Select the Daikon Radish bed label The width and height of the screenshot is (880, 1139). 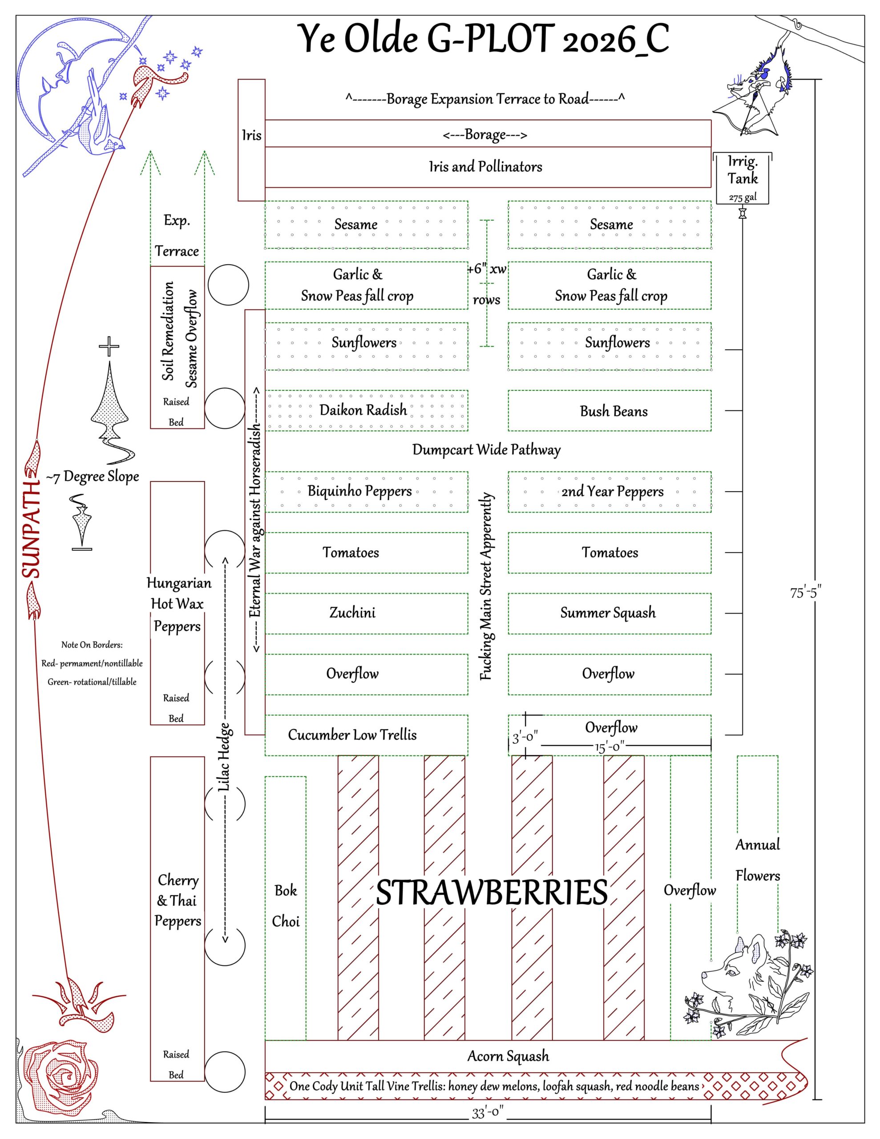pos(363,410)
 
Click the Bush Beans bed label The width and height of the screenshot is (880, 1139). pos(614,412)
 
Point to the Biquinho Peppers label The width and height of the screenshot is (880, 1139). pos(359,491)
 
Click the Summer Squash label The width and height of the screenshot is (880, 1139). pos(608,613)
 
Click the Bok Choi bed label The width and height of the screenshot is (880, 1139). pos(286,906)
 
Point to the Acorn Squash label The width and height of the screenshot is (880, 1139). pos(508,1056)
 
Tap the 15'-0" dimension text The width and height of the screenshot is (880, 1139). pos(609,747)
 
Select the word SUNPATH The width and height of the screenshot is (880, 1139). pos(31,529)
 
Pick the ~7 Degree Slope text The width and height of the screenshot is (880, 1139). pos(93,477)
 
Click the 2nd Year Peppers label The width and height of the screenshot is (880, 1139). pos(613,491)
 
